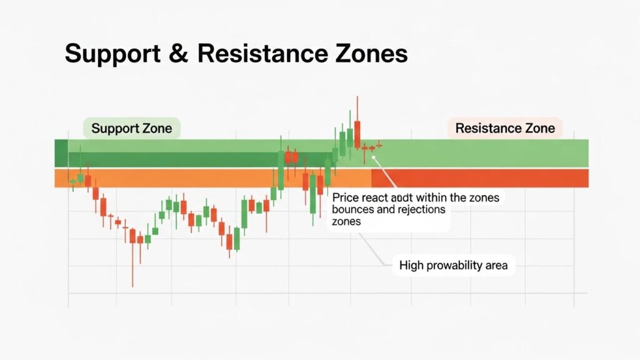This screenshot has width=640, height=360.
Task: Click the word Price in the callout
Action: click(x=347, y=198)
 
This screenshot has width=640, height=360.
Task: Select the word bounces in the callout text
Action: click(x=355, y=209)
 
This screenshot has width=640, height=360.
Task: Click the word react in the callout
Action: click(x=376, y=198)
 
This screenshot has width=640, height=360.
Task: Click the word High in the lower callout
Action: click(x=411, y=266)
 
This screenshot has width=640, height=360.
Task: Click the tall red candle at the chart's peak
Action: click(x=357, y=132)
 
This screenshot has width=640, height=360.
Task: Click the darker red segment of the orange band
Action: click(x=480, y=178)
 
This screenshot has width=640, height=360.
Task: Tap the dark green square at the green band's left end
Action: click(x=61, y=153)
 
